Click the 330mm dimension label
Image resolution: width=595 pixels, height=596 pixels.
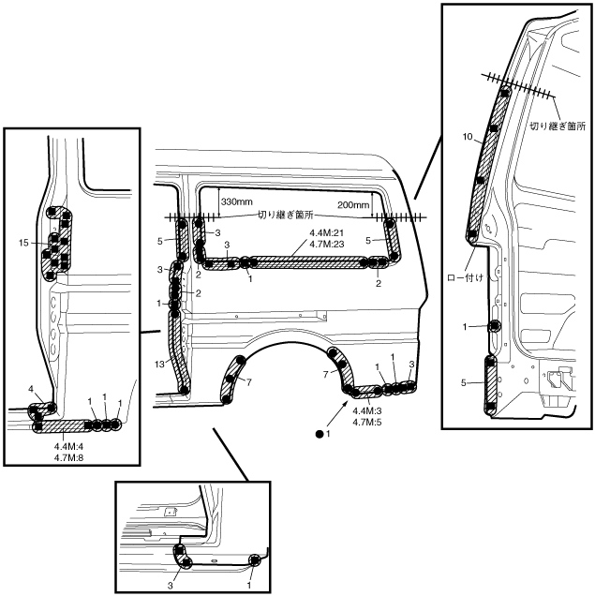click(x=236, y=201)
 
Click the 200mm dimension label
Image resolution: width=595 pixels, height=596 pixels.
click(x=353, y=205)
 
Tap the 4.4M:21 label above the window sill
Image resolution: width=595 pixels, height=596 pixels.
click(x=327, y=233)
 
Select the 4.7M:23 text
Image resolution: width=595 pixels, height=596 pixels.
click(x=327, y=244)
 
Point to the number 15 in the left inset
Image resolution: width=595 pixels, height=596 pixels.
click(x=23, y=243)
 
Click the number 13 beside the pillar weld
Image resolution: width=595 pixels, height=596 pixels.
click(x=159, y=365)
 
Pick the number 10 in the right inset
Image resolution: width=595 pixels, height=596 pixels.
click(x=468, y=137)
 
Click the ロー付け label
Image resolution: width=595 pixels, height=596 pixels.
click(x=465, y=278)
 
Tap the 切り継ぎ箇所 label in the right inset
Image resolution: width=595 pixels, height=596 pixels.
click(x=558, y=126)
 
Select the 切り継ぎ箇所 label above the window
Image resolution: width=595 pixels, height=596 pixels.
click(x=286, y=215)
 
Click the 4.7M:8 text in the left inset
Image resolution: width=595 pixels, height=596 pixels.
click(x=68, y=457)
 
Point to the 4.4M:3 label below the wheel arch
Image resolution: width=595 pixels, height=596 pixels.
click(x=367, y=410)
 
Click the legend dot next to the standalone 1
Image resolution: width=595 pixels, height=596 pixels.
click(x=320, y=434)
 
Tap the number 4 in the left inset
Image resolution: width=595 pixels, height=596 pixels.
click(x=31, y=389)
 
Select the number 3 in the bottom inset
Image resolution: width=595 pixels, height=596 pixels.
click(x=171, y=586)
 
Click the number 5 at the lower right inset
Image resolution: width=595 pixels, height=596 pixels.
click(x=463, y=382)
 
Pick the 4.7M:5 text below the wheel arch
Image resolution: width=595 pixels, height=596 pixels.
click(x=367, y=422)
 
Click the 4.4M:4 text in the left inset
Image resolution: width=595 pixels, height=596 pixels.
click(x=68, y=447)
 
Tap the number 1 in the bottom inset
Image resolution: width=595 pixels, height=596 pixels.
click(x=249, y=586)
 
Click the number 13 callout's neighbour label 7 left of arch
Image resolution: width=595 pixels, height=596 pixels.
click(x=249, y=382)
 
